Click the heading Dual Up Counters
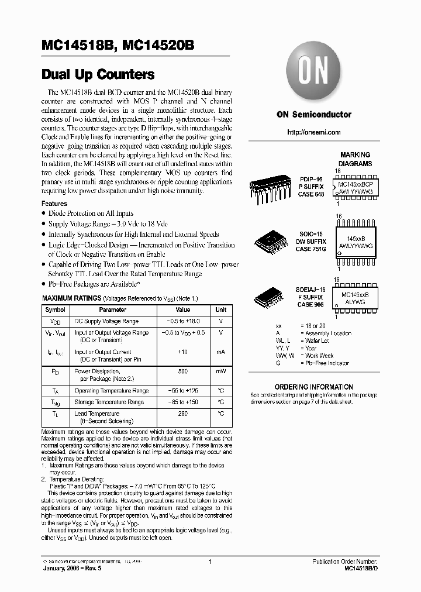(98, 75)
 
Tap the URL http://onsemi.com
(314, 132)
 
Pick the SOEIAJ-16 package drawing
(270, 297)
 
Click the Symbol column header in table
(56, 309)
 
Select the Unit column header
(220, 309)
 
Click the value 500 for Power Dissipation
(182, 371)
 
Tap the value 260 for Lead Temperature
(182, 414)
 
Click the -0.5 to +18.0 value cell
(182, 321)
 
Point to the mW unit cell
(220, 371)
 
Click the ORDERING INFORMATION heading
(313, 387)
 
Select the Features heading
(54, 203)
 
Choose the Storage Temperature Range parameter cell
(109, 402)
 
